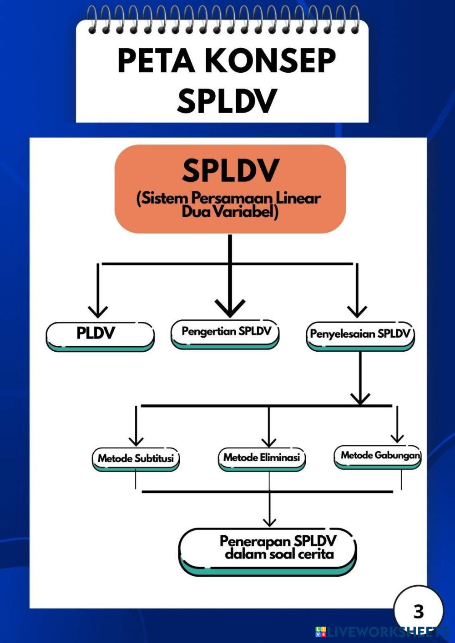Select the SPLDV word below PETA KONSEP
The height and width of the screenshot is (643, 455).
[227, 101]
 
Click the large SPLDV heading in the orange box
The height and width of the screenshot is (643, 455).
[230, 170]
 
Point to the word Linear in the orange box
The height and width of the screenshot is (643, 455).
[298, 198]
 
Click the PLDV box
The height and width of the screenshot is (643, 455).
[100, 335]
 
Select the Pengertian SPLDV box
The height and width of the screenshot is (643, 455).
[225, 333]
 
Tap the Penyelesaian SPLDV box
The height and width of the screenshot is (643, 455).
[360, 335]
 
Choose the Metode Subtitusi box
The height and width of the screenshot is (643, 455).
[136, 459]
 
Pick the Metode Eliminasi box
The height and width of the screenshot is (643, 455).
[262, 458]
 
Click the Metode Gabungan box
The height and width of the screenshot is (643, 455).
[378, 456]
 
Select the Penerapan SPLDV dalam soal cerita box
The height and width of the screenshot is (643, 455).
[268, 550]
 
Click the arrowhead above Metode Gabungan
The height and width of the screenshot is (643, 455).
[397, 438]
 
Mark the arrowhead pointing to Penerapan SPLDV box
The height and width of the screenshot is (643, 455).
[269, 522]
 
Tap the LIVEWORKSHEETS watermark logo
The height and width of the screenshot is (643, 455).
[382, 632]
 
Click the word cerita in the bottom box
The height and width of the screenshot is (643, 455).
[316, 554]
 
